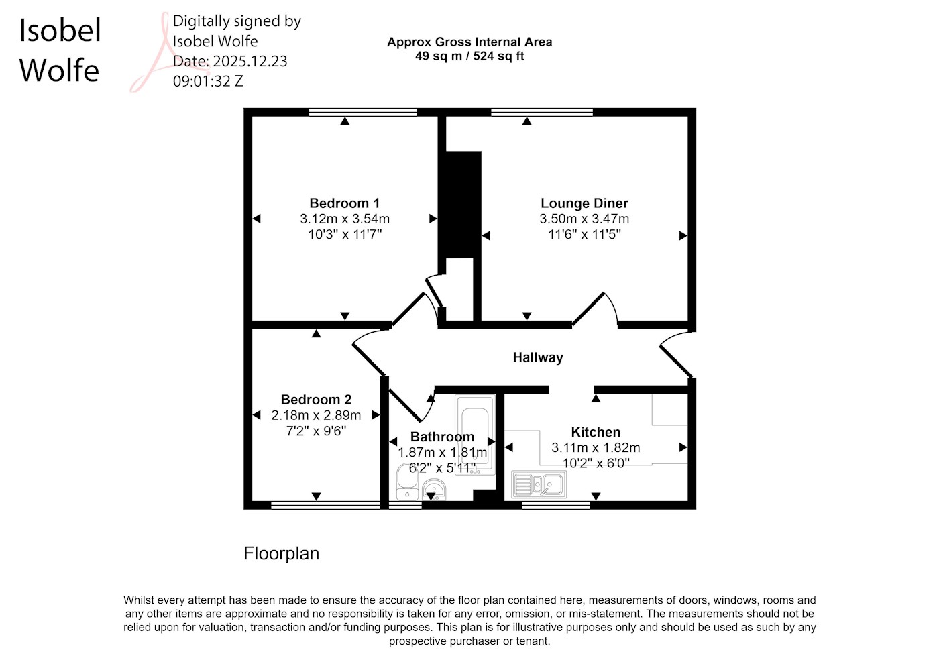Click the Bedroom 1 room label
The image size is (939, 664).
tap(345, 203)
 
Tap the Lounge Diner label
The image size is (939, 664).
tap(584, 203)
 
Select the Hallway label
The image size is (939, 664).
tap(538, 357)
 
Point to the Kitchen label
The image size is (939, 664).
tap(596, 432)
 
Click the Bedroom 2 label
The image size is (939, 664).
tap(316, 400)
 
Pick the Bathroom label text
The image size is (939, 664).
tap(442, 437)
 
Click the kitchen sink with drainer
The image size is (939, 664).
tap(539, 484)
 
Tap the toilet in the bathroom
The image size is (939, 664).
tap(407, 482)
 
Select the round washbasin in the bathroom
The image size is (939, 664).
tap(435, 490)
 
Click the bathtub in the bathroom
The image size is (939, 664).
tap(476, 435)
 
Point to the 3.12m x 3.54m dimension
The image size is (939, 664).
tap(345, 219)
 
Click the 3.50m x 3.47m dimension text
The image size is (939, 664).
tap(584, 219)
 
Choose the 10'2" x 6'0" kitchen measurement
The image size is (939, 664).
tap(596, 463)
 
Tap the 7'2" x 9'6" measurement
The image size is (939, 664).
tap(316, 431)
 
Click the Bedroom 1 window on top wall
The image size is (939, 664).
tap(363, 112)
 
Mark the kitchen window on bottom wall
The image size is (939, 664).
tap(556, 505)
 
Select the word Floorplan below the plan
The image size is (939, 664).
tap(281, 553)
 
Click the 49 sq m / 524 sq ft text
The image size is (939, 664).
tap(469, 56)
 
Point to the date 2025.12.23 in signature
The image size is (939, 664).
tap(250, 61)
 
